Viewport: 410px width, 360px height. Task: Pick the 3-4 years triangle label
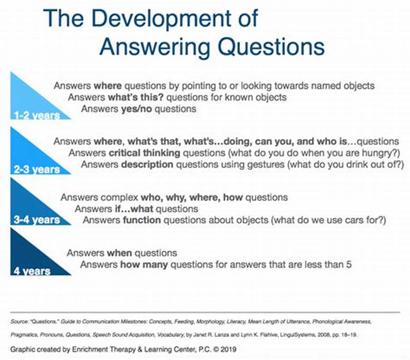point(36,221)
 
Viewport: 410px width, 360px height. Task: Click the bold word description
point(147,165)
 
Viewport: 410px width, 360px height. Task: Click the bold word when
point(119,253)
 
